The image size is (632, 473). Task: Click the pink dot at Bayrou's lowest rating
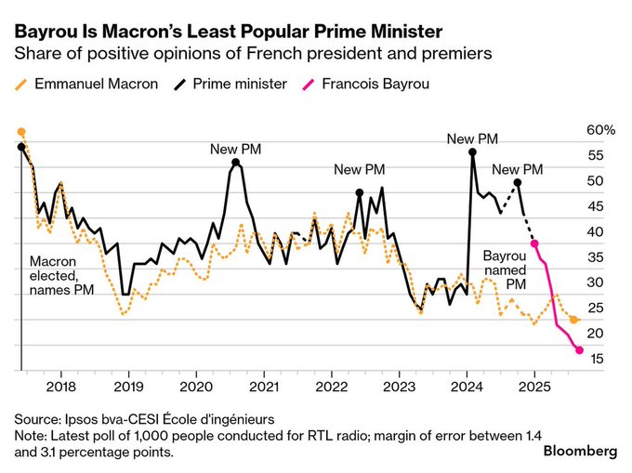(x=580, y=350)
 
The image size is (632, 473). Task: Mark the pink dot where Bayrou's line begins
(x=534, y=243)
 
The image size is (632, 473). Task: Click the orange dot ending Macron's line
(x=574, y=320)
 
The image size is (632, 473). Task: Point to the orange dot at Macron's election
(x=20, y=132)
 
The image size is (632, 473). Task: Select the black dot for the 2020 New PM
(x=236, y=163)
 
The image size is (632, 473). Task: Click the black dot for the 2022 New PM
(x=360, y=193)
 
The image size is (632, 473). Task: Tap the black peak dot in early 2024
(x=472, y=152)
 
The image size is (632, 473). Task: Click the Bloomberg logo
(x=580, y=451)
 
